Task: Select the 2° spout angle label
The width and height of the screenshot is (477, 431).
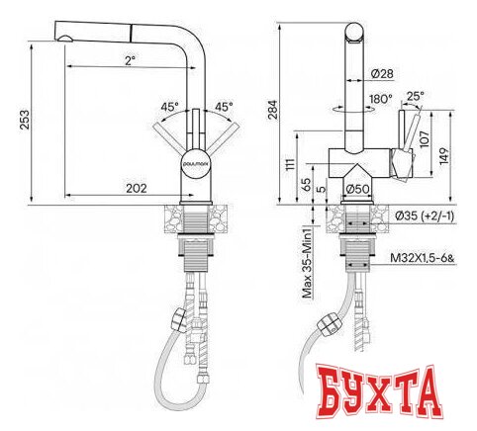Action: click(x=131, y=61)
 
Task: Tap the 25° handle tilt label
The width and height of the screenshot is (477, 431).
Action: click(x=417, y=96)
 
